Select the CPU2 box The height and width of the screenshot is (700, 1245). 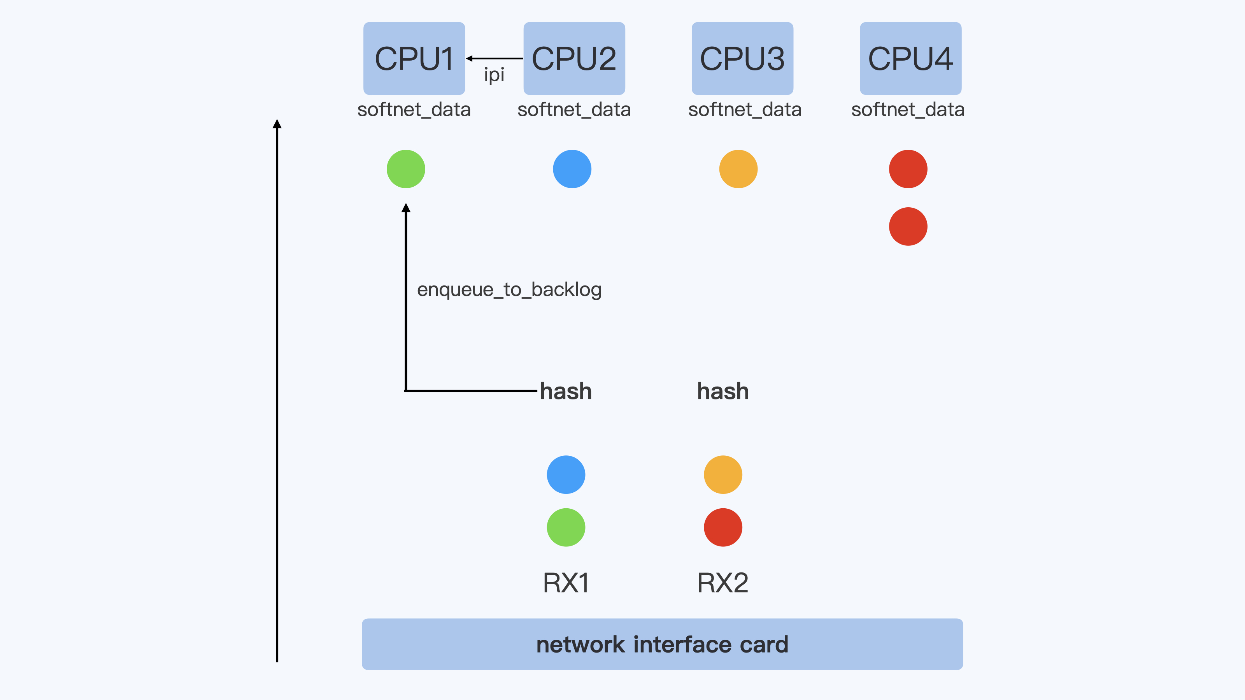pos(574,58)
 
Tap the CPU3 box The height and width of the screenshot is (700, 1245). pos(742,58)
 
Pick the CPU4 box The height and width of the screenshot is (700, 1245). pos(910,58)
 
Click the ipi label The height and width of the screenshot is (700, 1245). pos(494,75)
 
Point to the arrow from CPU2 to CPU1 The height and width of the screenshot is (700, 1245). pos(494,58)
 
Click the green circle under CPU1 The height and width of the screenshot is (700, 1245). pos(406,169)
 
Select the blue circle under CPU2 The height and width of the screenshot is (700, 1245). pos(572,169)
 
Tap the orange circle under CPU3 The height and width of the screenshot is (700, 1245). pos(738,169)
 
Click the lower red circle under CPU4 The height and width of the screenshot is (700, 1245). pos(908,227)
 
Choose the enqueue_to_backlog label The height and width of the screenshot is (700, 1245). pos(509,290)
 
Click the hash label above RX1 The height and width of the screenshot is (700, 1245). pos(566,391)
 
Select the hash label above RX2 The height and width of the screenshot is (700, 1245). pos(723,391)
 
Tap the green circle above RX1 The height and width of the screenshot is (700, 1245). pos(566,528)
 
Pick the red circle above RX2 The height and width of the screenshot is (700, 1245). pos(723,528)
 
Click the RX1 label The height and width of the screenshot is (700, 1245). pos(566,583)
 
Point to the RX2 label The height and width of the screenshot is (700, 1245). pos(723,583)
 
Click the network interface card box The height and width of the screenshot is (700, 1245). pos(662,644)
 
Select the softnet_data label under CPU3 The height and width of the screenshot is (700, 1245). pos(745,110)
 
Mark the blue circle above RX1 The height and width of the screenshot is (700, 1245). pos(566,474)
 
